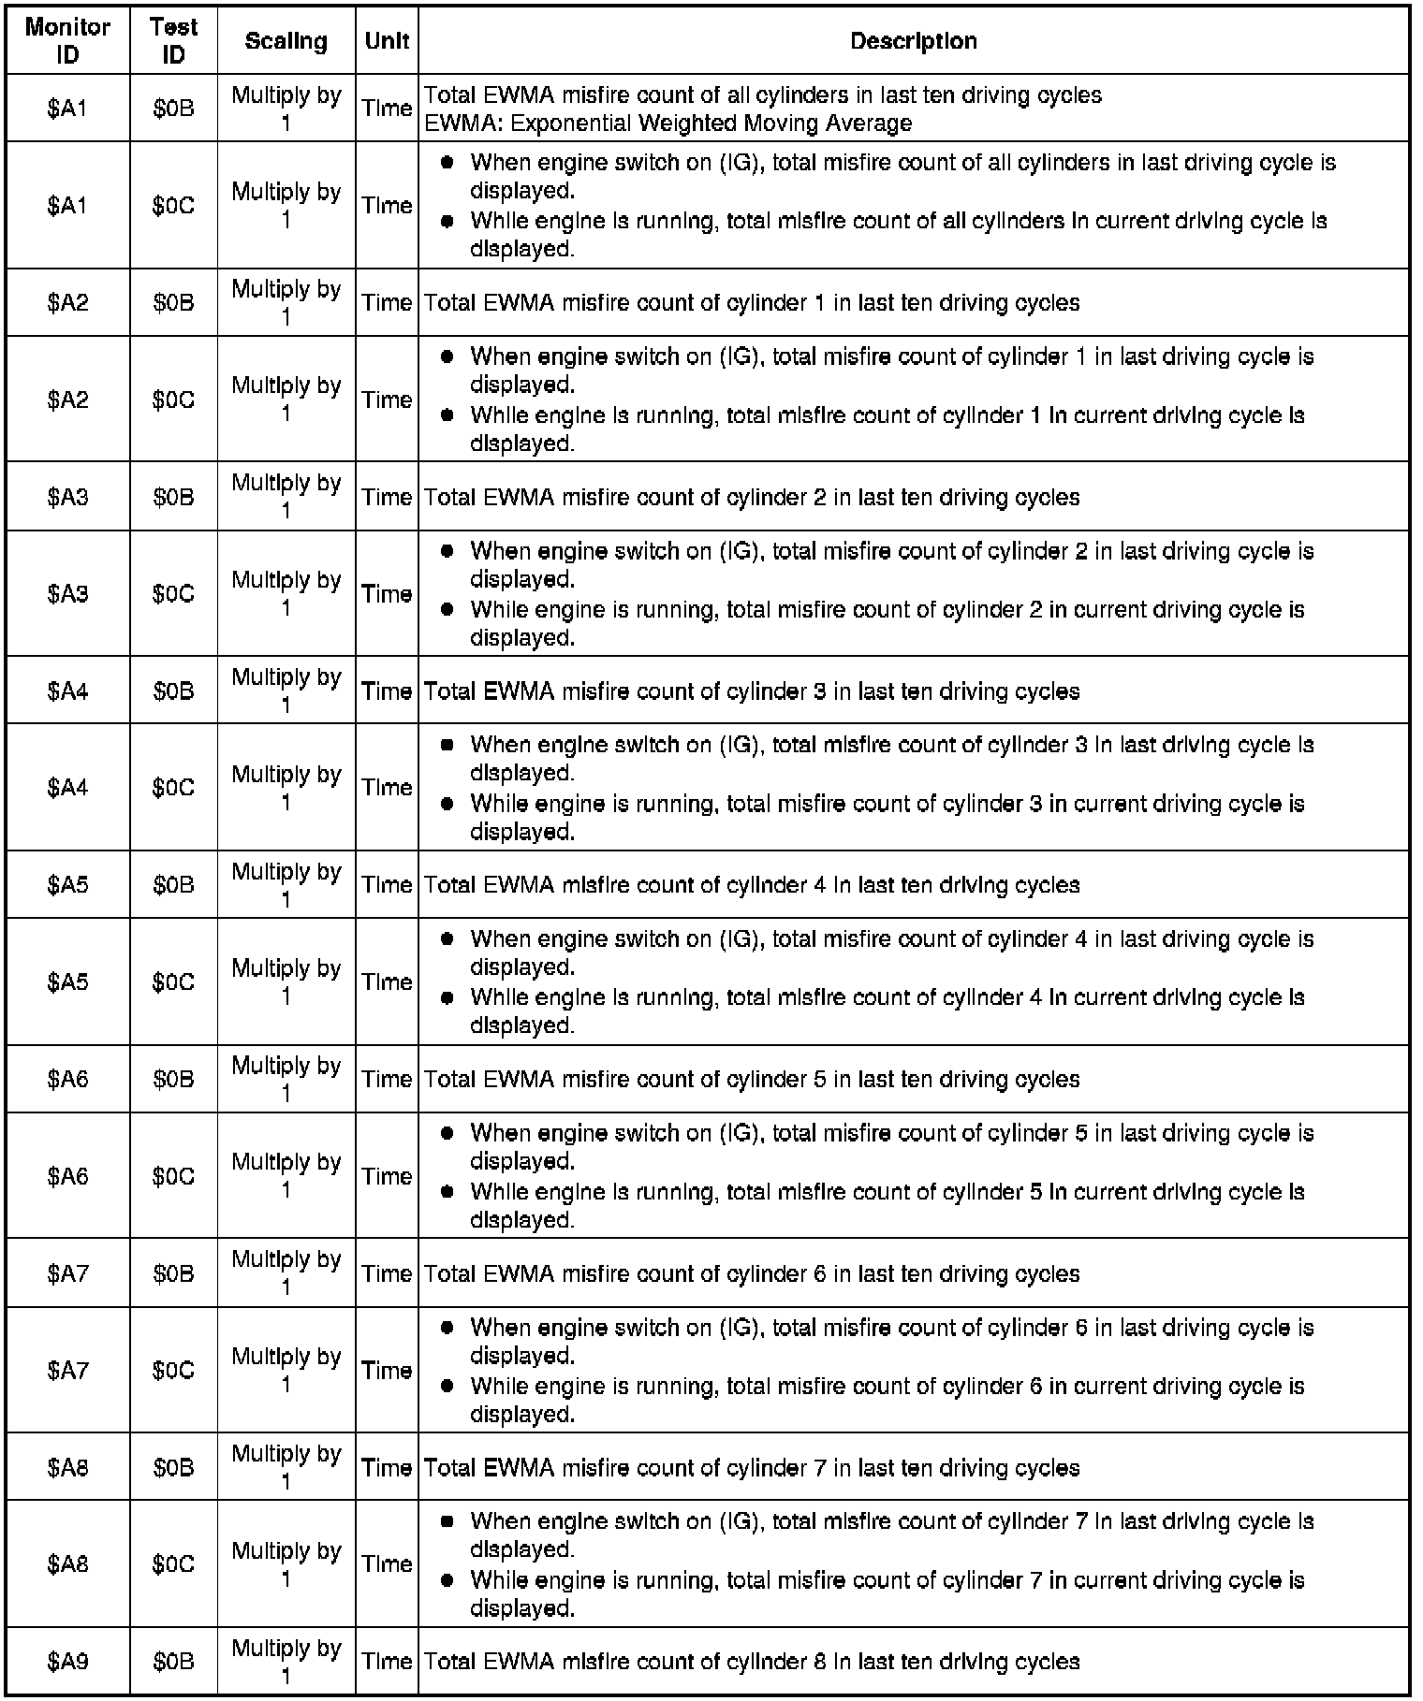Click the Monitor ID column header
tap(67, 40)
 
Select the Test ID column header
tap(173, 40)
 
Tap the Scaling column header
tap(286, 40)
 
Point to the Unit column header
tap(387, 40)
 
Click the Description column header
tap(913, 40)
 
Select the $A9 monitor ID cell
tap(67, 1661)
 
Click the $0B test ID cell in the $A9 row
tap(173, 1661)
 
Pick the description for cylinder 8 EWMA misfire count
tap(752, 1661)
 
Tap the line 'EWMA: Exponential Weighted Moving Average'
tap(668, 123)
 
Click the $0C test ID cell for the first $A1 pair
tap(173, 205)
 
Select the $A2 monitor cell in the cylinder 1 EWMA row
tap(67, 302)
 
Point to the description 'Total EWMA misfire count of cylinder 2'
tap(752, 497)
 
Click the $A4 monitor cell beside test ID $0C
tap(67, 787)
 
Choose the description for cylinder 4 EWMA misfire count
tap(752, 884)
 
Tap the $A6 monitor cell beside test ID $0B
tap(67, 1079)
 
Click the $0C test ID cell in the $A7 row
tap(173, 1370)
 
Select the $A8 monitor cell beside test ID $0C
tap(67, 1563)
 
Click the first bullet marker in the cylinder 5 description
tap(447, 1133)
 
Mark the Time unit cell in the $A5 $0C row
tap(387, 981)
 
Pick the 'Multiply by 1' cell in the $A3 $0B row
tap(286, 497)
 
